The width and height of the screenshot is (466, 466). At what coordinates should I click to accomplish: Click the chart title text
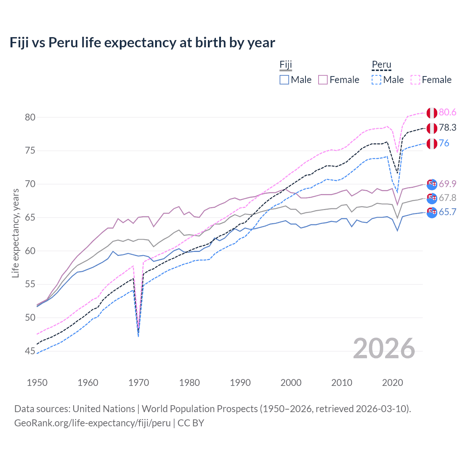pos(142,43)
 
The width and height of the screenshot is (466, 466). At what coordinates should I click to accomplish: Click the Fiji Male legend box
pos(284,80)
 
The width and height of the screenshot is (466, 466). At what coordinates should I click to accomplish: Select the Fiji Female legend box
pos(323,80)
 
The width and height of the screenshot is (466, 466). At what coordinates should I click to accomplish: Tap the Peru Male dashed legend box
pos(376,80)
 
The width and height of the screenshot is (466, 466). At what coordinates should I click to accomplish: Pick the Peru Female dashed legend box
pos(415,80)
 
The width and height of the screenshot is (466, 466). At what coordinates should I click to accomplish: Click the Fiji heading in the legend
pos(286,65)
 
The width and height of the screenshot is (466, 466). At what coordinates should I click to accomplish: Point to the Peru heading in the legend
pos(381,65)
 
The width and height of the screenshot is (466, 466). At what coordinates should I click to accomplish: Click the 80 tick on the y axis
pos(30,117)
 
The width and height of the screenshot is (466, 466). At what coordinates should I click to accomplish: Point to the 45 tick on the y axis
pos(30,351)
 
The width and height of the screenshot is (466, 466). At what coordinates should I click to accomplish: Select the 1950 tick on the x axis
pos(37,383)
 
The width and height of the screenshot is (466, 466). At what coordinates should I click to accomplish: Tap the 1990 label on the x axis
pos(240,383)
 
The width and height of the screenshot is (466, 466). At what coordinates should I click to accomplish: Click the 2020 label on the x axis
pos(392,383)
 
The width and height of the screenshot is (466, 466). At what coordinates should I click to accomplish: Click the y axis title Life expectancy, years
pos(15,233)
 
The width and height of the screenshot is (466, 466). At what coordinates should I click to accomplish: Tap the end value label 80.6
pos(447,112)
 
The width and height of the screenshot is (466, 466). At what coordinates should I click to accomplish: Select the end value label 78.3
pos(447,128)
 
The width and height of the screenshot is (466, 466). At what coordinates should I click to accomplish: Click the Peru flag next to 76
pos(432,143)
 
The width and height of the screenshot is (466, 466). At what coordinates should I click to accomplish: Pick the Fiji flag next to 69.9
pos(432,184)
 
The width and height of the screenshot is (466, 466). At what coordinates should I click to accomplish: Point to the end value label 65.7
pos(447,212)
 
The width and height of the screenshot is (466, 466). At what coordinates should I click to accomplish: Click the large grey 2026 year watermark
pos(384,348)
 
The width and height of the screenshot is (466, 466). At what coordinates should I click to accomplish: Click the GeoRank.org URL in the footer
pos(92,423)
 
